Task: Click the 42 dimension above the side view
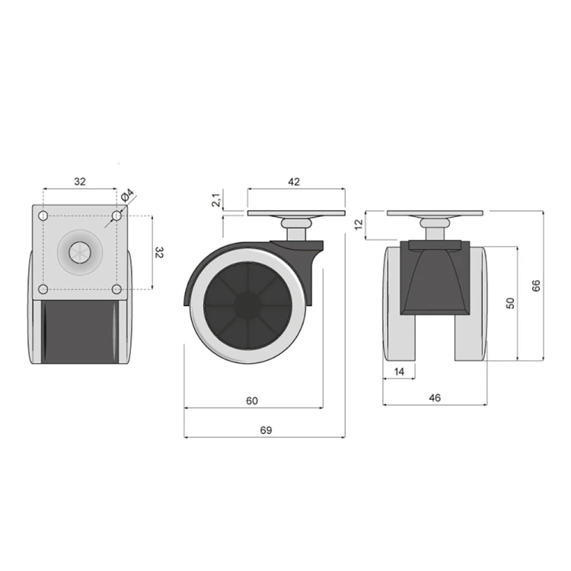coord(294,181)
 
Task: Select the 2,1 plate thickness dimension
coord(216,200)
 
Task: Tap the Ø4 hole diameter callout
coord(127,195)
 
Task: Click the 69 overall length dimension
coord(266,430)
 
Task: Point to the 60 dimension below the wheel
coord(252,400)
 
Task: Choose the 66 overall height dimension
coord(536,285)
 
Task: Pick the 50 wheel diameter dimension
coord(511,303)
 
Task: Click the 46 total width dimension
coord(435,397)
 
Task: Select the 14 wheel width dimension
coord(399,372)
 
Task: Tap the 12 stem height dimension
coord(359,225)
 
